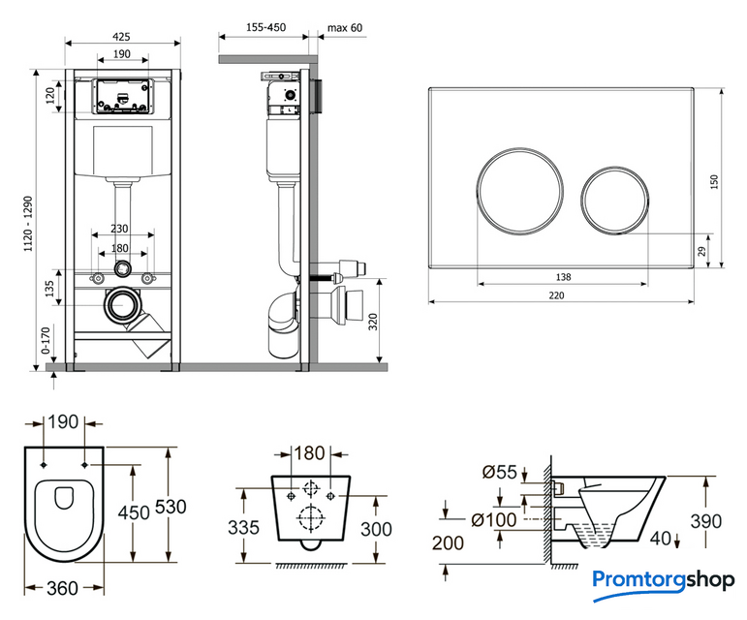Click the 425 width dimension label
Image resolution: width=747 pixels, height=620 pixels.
tap(121, 36)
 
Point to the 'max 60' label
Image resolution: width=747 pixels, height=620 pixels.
tap(344, 28)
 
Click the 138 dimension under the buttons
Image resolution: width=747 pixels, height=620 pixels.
tap(563, 277)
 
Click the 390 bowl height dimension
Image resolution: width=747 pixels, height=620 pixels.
tap(705, 521)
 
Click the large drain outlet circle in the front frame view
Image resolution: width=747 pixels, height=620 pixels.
tap(120, 304)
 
